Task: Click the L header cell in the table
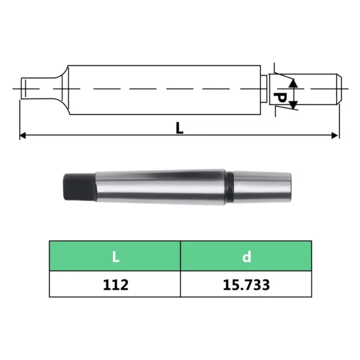pyautogui.click(x=115, y=257)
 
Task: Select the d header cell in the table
pyautogui.click(x=246, y=257)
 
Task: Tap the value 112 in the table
pyautogui.click(x=115, y=284)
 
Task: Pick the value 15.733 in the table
pyautogui.click(x=246, y=284)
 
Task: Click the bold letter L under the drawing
pyautogui.click(x=179, y=127)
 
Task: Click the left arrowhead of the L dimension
pyautogui.click(x=23, y=136)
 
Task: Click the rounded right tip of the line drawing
pyautogui.click(x=338, y=88)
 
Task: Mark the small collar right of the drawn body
pyautogui.click(x=265, y=88)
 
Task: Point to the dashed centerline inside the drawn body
pyautogui.click(x=162, y=88)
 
